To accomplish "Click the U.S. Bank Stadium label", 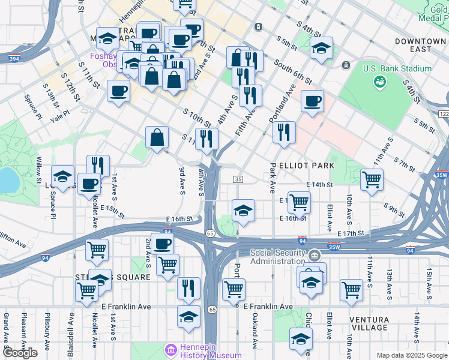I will (x=397, y=68).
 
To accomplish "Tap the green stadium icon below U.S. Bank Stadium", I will (x=379, y=82).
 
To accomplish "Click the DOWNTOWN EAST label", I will (x=420, y=46).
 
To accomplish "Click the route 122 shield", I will (x=444, y=114).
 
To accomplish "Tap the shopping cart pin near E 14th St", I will (x=372, y=179).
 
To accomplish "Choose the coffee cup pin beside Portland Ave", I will (x=312, y=101).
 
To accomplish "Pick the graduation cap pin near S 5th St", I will (x=322, y=48).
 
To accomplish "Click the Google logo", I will (x=20, y=353).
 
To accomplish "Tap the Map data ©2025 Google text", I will (x=411, y=355).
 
